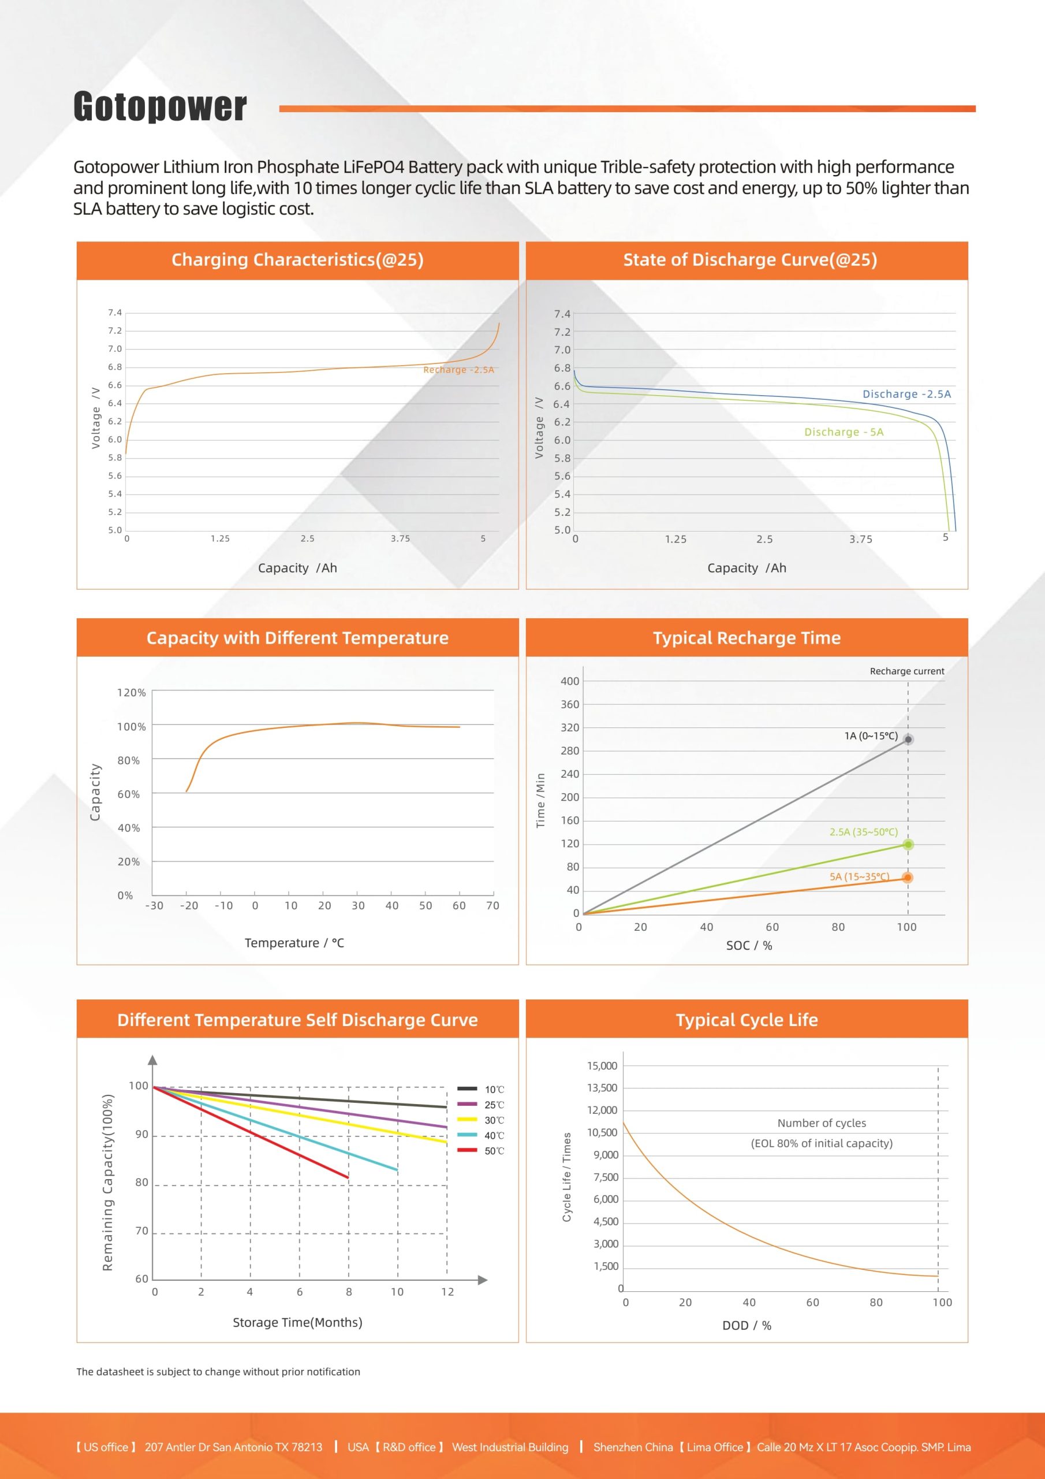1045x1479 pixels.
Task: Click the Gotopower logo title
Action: pyautogui.click(x=160, y=106)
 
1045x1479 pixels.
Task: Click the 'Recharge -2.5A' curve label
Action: pyautogui.click(x=458, y=370)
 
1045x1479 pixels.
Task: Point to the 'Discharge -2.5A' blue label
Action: pyautogui.click(x=906, y=394)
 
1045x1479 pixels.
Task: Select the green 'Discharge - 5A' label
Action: pyautogui.click(x=844, y=432)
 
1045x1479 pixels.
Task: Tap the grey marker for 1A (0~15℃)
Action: pyautogui.click(x=908, y=739)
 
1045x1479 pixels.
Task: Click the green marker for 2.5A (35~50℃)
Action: pyautogui.click(x=908, y=845)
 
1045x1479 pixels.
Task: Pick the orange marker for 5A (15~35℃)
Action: pyautogui.click(x=907, y=878)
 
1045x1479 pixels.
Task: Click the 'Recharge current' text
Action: pyautogui.click(x=906, y=671)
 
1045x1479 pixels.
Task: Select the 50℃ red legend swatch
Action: pyautogui.click(x=467, y=1150)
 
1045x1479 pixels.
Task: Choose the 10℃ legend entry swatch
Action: pyautogui.click(x=467, y=1088)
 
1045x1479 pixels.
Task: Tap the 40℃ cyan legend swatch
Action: pyautogui.click(x=467, y=1135)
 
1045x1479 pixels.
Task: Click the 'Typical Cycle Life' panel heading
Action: pyautogui.click(x=747, y=1020)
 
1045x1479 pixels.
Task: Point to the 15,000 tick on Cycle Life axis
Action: pyautogui.click(x=602, y=1066)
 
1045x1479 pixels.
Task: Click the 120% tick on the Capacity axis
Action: pyautogui.click(x=132, y=693)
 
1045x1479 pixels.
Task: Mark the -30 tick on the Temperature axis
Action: pyautogui.click(x=154, y=906)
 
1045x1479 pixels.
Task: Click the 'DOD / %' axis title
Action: pyautogui.click(x=747, y=1326)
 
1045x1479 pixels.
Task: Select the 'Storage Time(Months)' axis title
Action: pyautogui.click(x=297, y=1322)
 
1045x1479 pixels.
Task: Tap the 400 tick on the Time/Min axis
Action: pyautogui.click(x=570, y=682)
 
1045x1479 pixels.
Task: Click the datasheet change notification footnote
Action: pyautogui.click(x=218, y=1372)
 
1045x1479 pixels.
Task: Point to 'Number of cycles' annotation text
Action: pyautogui.click(x=822, y=1124)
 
